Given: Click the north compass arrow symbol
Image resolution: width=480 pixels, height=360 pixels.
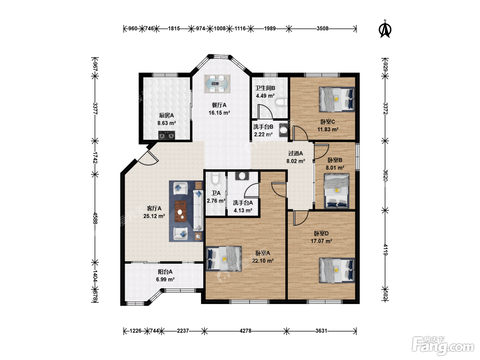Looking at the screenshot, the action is (x=385, y=29).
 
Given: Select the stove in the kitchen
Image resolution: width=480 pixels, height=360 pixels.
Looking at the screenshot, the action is (x=167, y=135).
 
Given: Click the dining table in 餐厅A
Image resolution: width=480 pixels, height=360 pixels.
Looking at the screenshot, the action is (x=217, y=84).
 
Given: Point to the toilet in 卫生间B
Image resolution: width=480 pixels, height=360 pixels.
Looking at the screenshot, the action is (x=281, y=102).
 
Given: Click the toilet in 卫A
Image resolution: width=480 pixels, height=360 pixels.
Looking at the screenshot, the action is (x=215, y=178).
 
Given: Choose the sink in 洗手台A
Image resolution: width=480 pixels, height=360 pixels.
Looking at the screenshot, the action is (x=242, y=176).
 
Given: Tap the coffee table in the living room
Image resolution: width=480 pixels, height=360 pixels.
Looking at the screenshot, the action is (x=181, y=211).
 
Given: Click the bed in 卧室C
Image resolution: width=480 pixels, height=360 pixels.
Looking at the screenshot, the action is (x=337, y=99).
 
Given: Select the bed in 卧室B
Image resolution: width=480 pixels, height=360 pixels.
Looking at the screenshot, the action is (x=336, y=191).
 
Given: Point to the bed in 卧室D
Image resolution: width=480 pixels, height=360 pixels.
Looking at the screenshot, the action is (x=337, y=271).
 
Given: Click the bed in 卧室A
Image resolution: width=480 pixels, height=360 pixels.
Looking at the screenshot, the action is (x=224, y=259).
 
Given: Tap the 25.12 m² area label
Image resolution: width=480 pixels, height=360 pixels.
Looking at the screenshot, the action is (x=154, y=216).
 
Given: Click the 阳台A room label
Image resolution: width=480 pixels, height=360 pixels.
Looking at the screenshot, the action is (x=165, y=272).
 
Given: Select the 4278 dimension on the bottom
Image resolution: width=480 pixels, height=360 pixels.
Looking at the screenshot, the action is (x=245, y=331).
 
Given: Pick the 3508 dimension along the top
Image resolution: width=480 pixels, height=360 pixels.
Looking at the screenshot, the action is (x=323, y=28).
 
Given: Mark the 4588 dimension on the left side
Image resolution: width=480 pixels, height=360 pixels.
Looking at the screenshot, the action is (x=95, y=218).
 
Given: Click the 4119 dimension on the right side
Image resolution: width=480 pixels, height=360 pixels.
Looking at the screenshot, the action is (x=385, y=250).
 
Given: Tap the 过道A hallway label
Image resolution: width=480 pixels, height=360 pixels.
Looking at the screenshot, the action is (x=296, y=154).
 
